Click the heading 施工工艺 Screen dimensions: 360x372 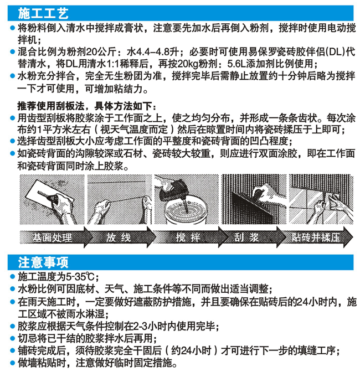(x=43, y=13)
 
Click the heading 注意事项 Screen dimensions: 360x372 (x=43, y=262)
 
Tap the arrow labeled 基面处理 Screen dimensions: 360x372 (x=56, y=237)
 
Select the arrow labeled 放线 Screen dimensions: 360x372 (x=120, y=237)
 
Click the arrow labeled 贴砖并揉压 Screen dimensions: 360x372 (x=317, y=237)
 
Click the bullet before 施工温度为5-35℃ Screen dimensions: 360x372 (x=13, y=277)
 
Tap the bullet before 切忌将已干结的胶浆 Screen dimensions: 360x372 (x=13, y=339)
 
